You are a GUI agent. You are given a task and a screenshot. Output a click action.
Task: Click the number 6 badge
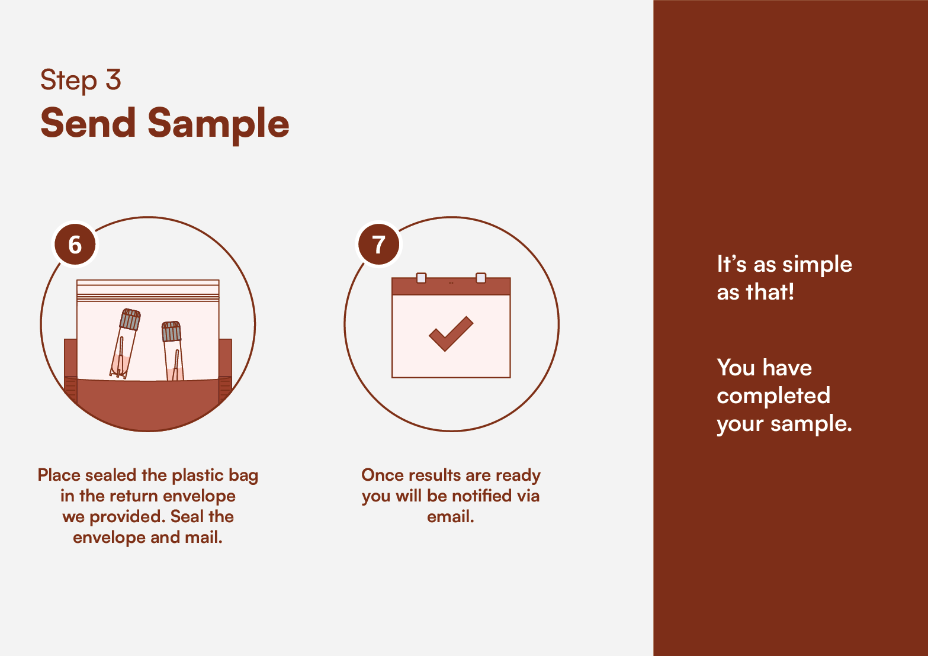pyautogui.click(x=75, y=245)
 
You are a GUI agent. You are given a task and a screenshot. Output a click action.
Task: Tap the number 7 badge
pyautogui.click(x=378, y=245)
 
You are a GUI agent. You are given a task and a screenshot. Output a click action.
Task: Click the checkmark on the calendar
pyautogui.click(x=451, y=334)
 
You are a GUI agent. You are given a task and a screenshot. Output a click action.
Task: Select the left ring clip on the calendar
pyautogui.click(x=421, y=278)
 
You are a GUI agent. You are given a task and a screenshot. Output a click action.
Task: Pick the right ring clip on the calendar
pyautogui.click(x=481, y=278)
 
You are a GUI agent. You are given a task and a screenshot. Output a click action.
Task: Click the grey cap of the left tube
pyautogui.click(x=130, y=319)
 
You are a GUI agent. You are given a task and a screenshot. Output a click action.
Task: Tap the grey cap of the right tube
pyautogui.click(x=171, y=332)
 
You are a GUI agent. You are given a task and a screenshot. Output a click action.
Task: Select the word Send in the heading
pyautogui.click(x=88, y=123)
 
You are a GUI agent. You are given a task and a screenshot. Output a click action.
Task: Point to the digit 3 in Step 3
pyautogui.click(x=113, y=79)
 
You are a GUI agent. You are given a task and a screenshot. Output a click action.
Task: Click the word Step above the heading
pyautogui.click(x=68, y=81)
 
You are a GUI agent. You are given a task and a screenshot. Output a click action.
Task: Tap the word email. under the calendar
pyautogui.click(x=450, y=516)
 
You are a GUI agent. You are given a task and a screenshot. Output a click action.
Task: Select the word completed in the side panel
pyautogui.click(x=773, y=395)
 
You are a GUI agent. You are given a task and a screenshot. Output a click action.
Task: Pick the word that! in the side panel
pyautogui.click(x=770, y=292)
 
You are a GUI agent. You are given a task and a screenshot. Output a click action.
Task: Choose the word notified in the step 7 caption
pyautogui.click(x=482, y=496)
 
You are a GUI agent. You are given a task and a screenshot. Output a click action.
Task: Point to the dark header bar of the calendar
pyautogui.click(x=451, y=286)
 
